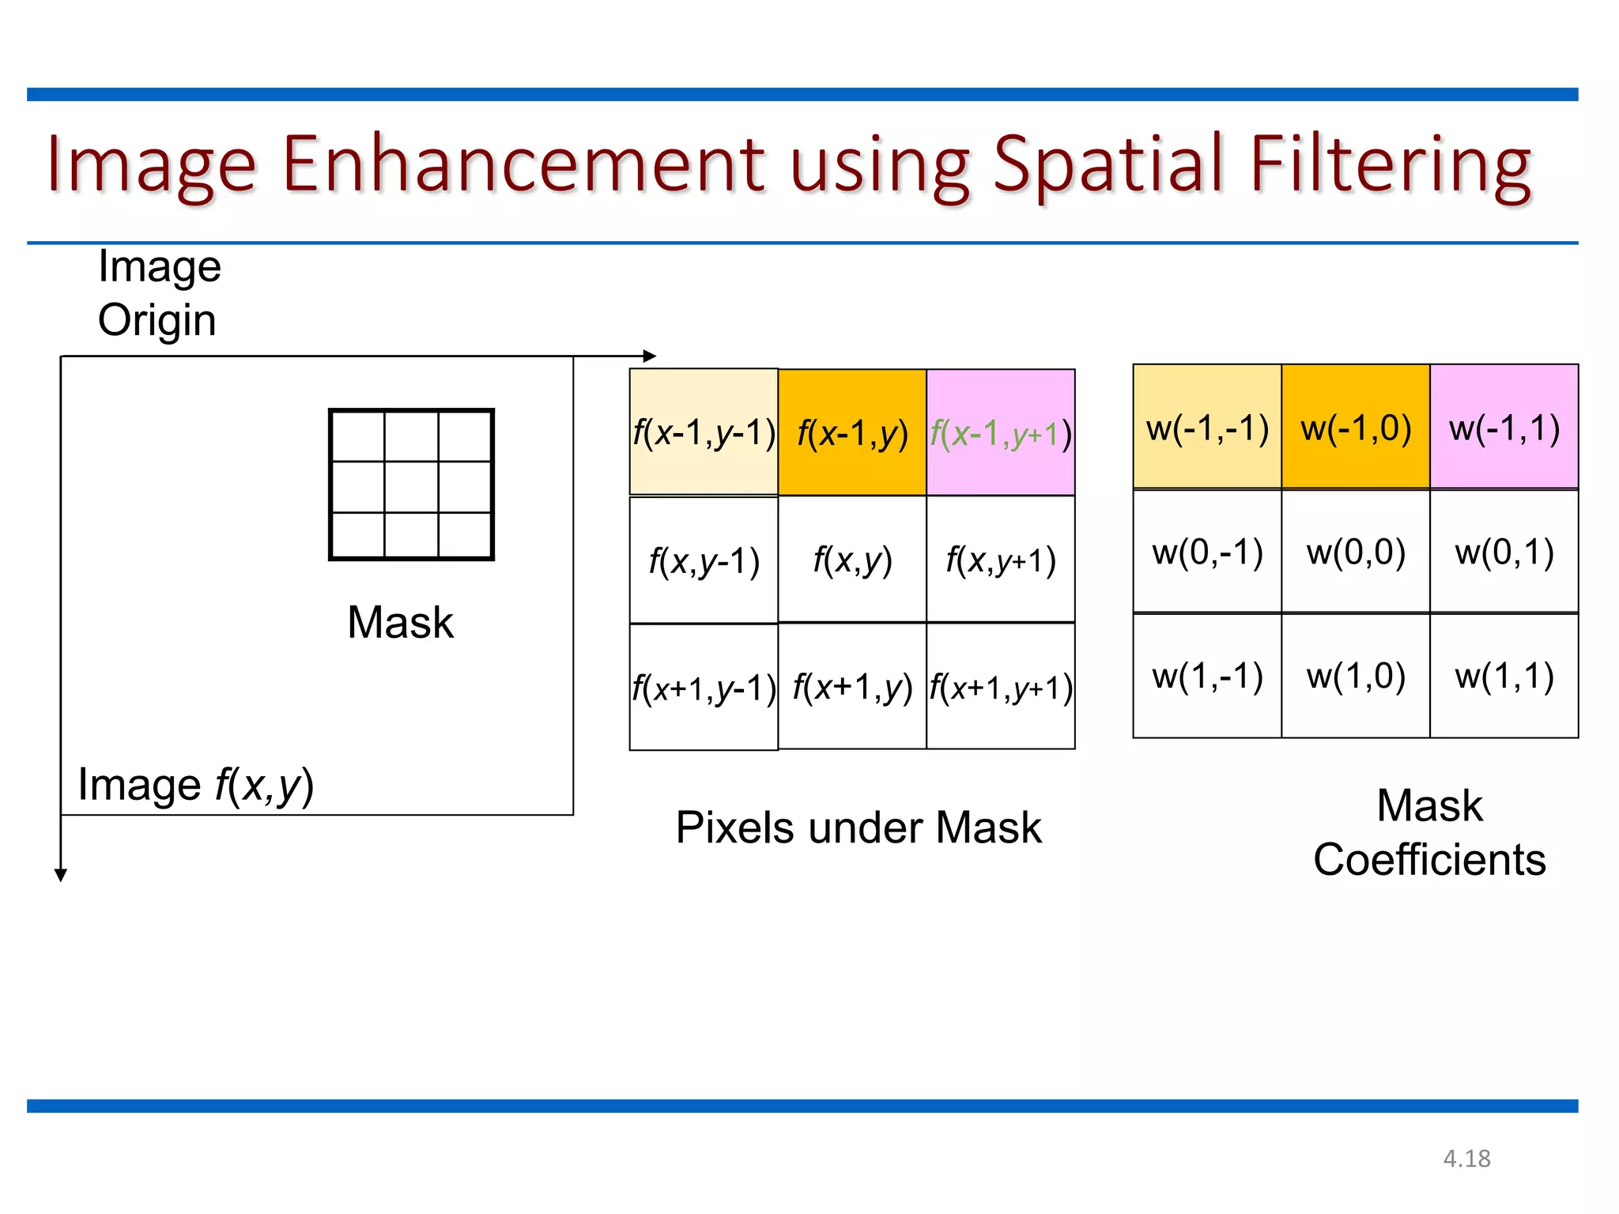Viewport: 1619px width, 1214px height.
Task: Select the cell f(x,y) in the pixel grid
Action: (x=852, y=560)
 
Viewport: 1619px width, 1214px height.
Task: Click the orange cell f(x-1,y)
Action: (x=852, y=432)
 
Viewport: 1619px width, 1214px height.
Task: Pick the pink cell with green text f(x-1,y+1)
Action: (x=1001, y=432)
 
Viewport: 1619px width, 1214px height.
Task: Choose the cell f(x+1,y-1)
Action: (x=704, y=687)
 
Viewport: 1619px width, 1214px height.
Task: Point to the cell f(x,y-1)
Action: (x=704, y=560)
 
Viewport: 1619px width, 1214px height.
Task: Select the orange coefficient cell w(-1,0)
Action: (x=1356, y=427)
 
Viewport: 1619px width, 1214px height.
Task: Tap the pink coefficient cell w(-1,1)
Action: (x=1504, y=427)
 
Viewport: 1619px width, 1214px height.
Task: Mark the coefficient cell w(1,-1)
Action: (x=1207, y=676)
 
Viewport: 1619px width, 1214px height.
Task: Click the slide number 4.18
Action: (x=1466, y=1159)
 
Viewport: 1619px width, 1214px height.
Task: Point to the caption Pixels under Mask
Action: (x=859, y=828)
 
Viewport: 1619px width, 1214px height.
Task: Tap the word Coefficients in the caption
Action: (x=1429, y=859)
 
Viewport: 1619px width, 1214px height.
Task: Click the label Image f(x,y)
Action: (x=196, y=785)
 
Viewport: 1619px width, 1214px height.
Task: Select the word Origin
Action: (x=157, y=320)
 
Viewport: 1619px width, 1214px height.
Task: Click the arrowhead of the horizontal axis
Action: (x=650, y=356)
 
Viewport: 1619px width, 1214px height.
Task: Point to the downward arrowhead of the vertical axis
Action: (x=61, y=875)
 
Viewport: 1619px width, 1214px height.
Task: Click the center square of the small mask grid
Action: (x=411, y=486)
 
